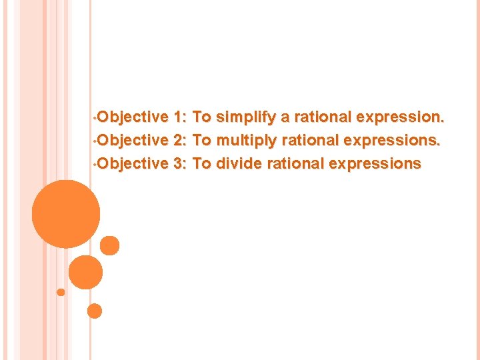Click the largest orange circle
tap(66, 214)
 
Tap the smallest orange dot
tap(61, 292)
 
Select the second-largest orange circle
tap(86, 272)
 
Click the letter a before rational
tap(285, 118)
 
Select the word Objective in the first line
tap(133, 117)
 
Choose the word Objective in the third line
tap(133, 163)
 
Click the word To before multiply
tap(202, 140)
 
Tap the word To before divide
tap(202, 163)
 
